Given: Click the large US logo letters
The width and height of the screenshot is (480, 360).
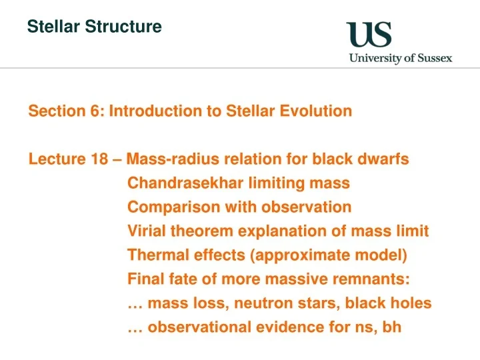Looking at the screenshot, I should tap(369, 34).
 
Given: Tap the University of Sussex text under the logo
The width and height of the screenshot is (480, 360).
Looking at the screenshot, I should tap(400, 58).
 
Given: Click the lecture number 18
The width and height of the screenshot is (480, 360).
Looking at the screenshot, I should tap(98, 159).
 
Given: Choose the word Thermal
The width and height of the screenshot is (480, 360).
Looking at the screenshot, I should tap(155, 255).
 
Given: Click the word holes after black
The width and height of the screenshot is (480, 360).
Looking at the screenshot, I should tap(411, 303).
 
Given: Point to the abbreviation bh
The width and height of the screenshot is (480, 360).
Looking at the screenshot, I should tap(391, 327).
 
